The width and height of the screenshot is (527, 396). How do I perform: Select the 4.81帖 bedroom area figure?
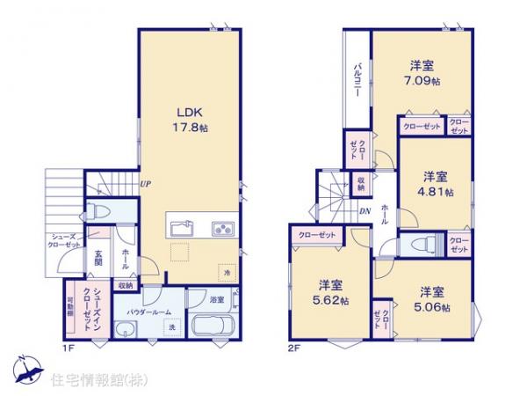[x=436, y=191]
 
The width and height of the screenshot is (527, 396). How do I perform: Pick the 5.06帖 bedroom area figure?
[x=433, y=307]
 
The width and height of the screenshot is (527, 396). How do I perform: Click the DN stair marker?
[x=365, y=211]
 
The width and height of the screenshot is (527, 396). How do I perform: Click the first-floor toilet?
[x=98, y=212]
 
